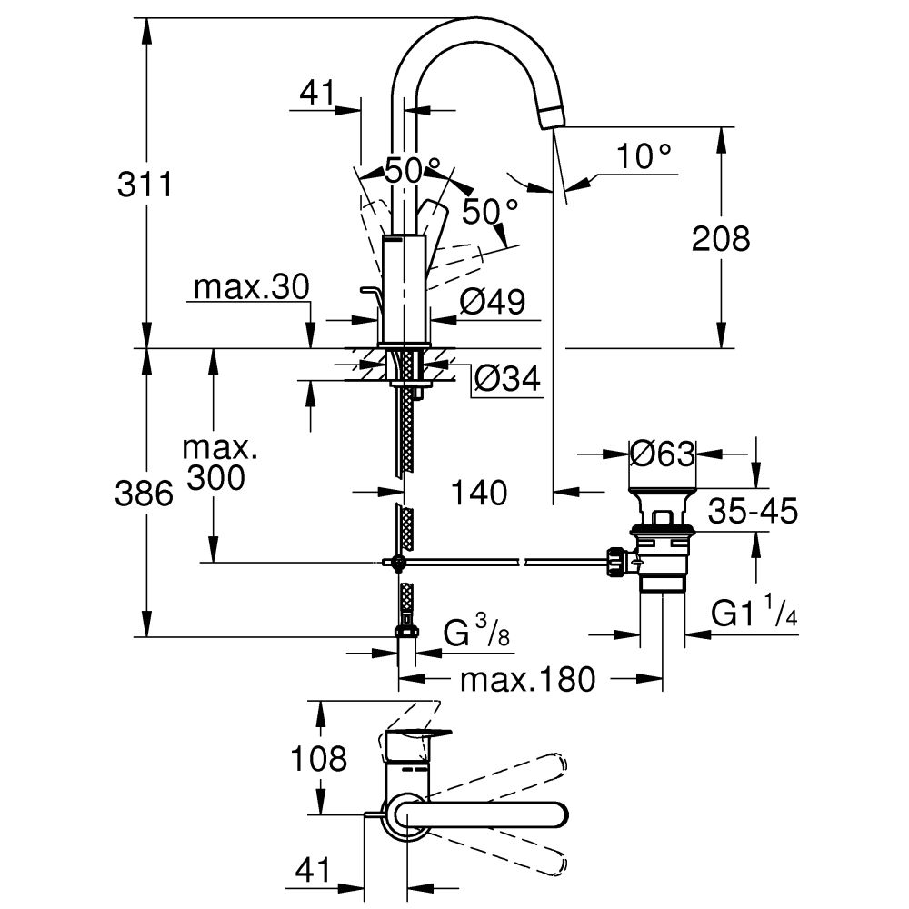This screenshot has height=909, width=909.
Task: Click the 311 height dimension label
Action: pos(145,185)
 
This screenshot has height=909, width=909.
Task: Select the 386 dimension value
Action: pos(145,494)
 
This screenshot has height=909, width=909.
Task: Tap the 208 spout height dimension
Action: pos(721,239)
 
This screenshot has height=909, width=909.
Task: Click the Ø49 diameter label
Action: pos(492,302)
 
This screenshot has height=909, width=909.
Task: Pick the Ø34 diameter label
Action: pos(506,378)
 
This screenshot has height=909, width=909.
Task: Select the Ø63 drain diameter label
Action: pos(662,452)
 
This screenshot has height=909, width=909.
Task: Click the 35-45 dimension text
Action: pos(753,512)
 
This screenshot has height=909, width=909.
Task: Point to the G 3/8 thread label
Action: pos(475,634)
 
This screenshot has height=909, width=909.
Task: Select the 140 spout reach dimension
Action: pos(478,493)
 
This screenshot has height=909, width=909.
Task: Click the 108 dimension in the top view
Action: pos(317,757)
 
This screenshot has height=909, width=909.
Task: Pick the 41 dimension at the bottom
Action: pos(313,871)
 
